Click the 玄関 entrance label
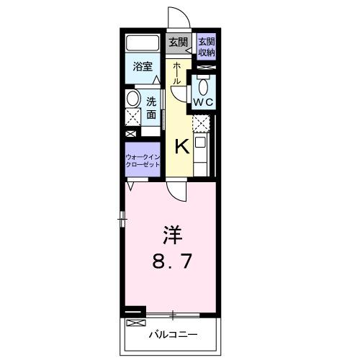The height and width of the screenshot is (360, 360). (176, 42)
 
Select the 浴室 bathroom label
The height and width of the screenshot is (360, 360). (142, 67)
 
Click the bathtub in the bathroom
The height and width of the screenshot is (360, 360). (143, 42)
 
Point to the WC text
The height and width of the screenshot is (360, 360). (202, 102)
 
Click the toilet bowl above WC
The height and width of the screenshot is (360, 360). (204, 87)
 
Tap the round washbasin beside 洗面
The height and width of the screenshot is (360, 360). (133, 99)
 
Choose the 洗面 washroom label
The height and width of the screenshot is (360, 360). (152, 108)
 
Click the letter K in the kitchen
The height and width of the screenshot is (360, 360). (182, 146)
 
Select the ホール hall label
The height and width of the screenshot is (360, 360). (177, 73)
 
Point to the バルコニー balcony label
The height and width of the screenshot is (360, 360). (172, 334)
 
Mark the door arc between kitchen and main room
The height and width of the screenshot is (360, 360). (175, 190)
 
